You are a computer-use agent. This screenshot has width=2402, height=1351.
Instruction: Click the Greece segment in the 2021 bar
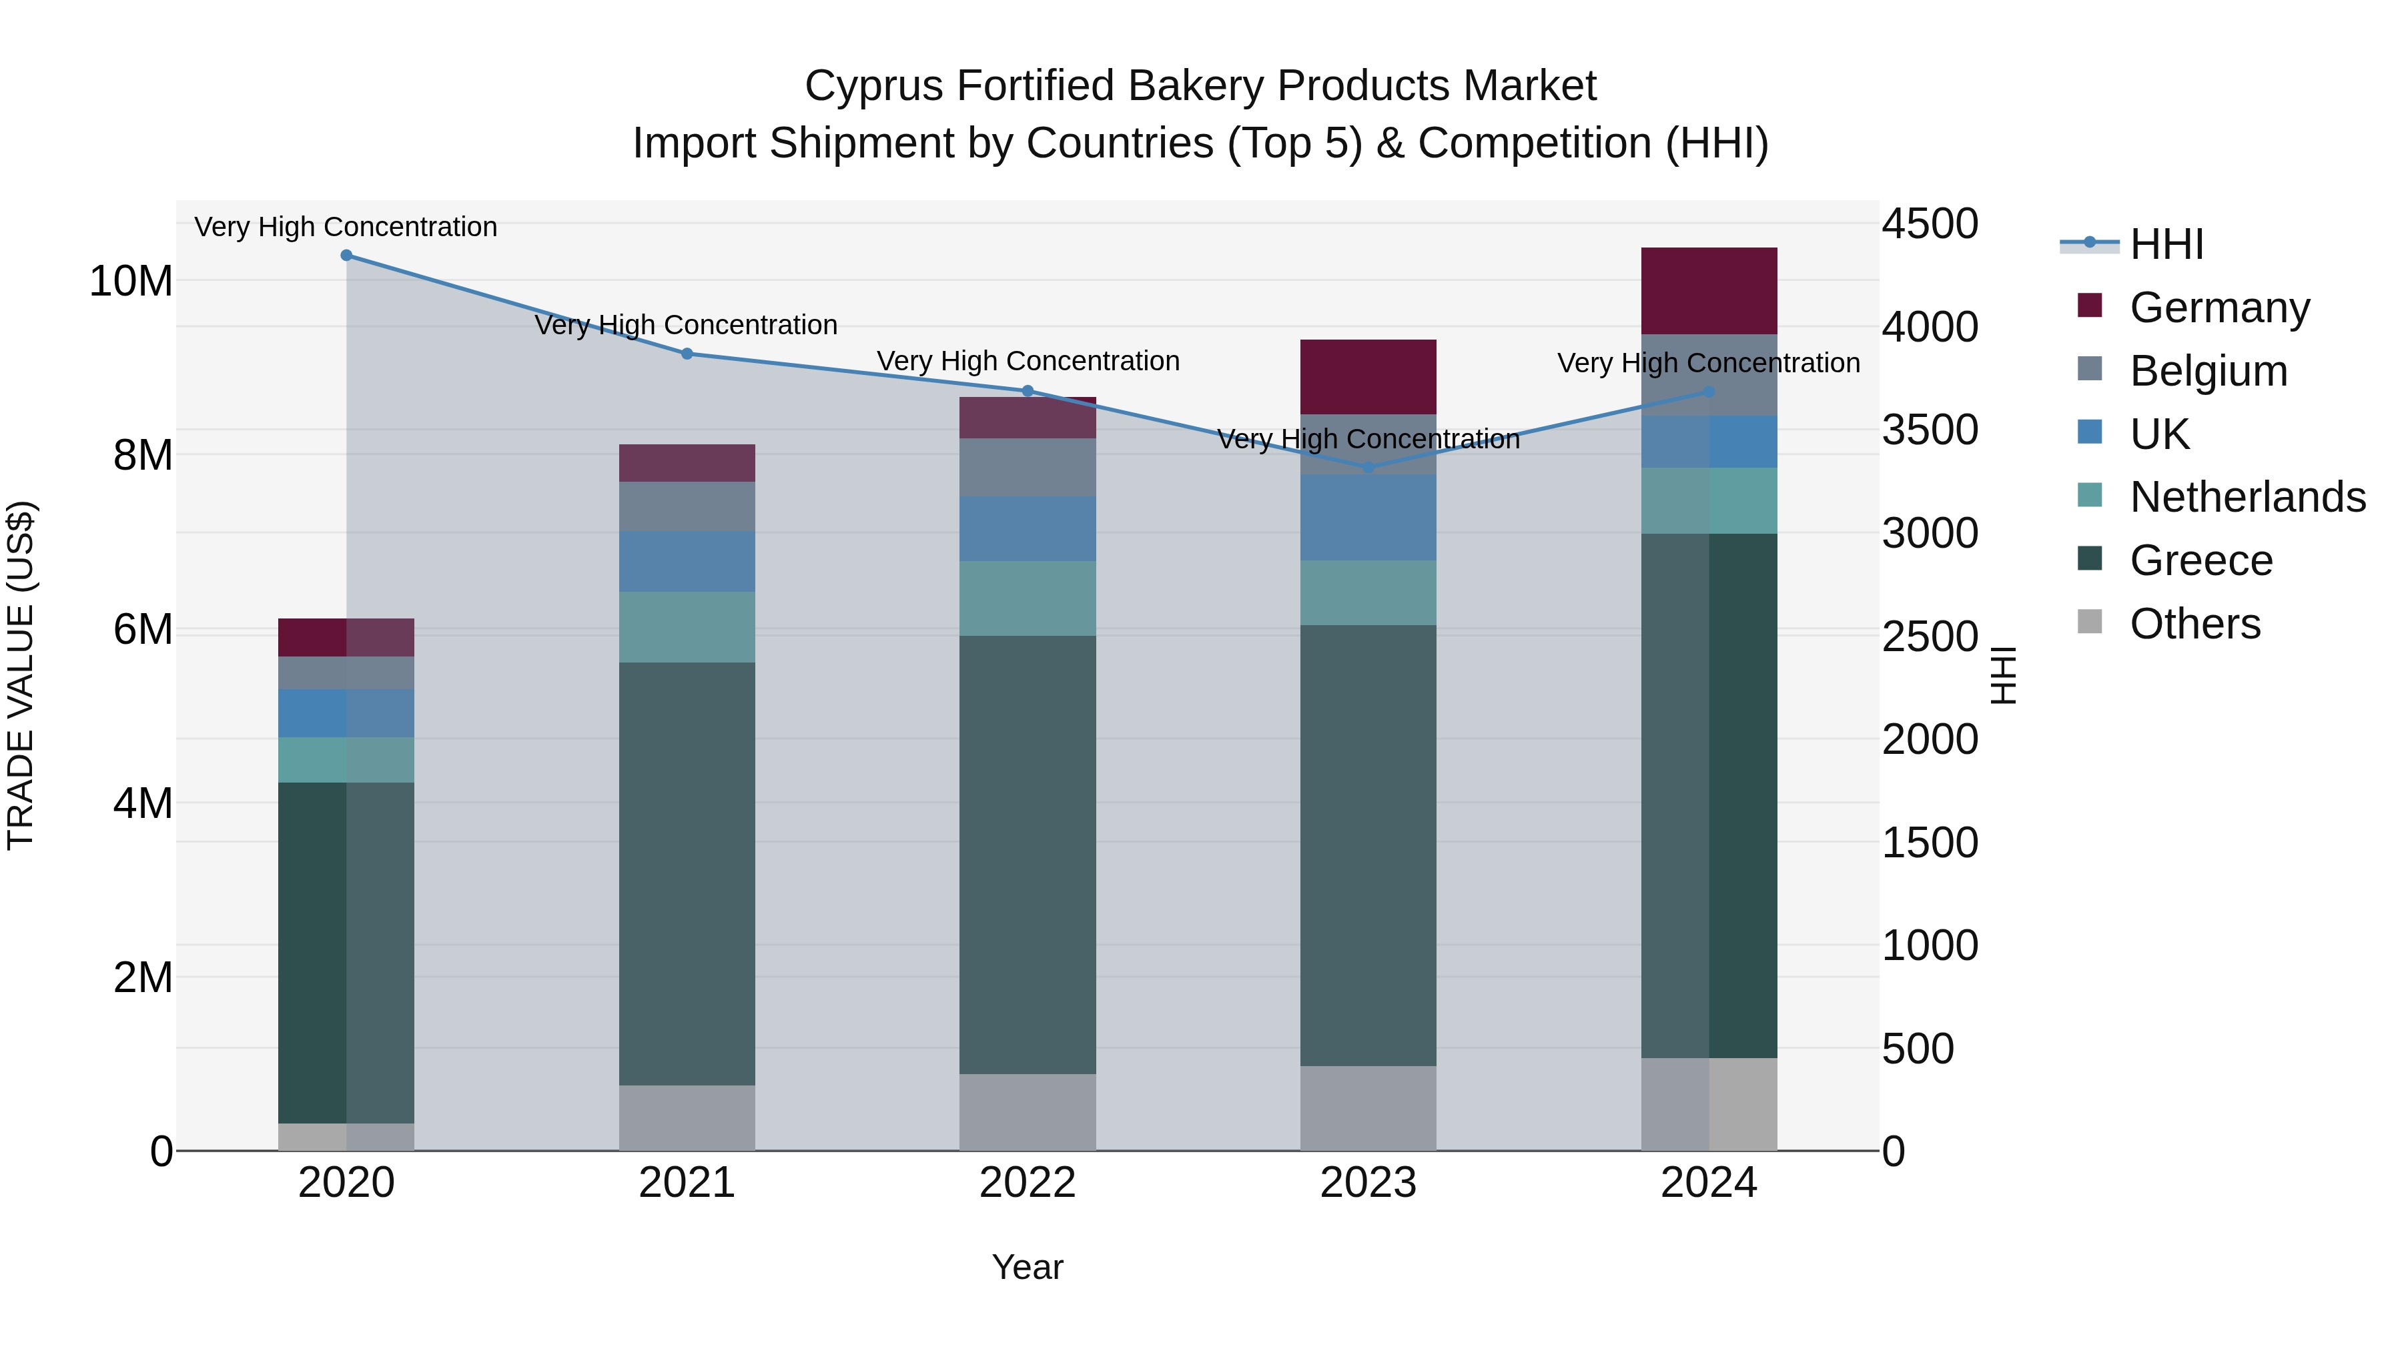pos(687,873)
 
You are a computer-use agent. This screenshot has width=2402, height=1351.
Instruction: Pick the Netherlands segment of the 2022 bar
pos(1028,598)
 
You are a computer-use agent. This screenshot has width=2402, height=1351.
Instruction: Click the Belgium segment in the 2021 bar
pos(687,507)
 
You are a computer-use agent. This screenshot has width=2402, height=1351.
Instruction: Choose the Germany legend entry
pos(2219,308)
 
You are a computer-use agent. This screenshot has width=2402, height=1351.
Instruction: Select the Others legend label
pos(2195,624)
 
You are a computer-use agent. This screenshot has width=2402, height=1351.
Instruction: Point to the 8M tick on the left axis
pos(143,455)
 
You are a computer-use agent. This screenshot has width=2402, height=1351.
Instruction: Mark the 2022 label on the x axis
pos(1028,1183)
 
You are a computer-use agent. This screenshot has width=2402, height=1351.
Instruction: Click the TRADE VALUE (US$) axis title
pos(21,675)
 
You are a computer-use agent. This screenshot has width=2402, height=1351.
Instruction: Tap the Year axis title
pos(1028,1267)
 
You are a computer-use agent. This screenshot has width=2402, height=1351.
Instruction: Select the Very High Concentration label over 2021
pos(687,326)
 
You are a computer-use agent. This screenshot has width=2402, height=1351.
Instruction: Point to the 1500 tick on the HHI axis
pos(1929,843)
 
